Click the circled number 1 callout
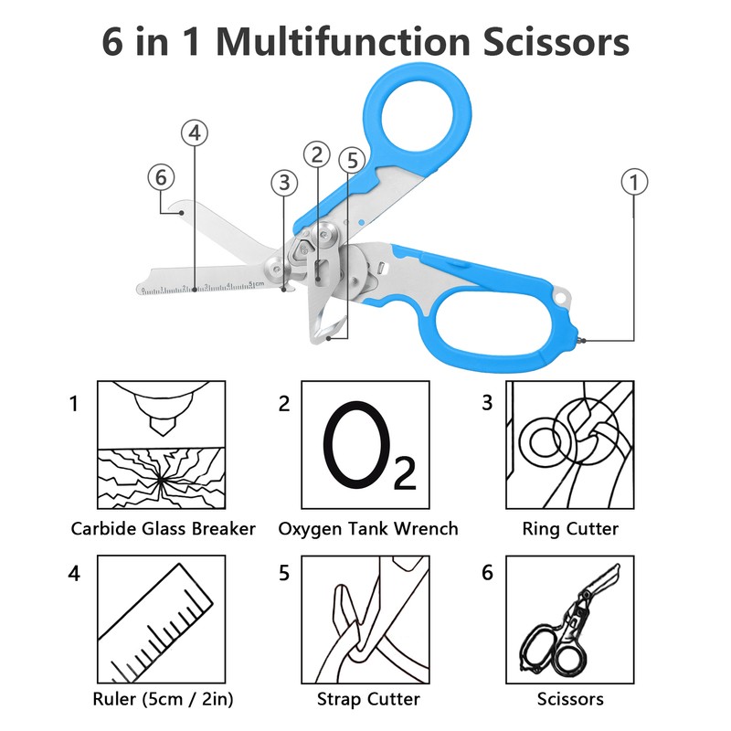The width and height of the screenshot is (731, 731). point(634,182)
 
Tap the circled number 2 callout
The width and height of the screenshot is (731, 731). point(317,154)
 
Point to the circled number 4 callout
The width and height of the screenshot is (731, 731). point(194,133)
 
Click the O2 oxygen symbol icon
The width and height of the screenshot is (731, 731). point(365,445)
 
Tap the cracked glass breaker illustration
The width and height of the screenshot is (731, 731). point(161,445)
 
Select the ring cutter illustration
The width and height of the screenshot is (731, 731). point(570,445)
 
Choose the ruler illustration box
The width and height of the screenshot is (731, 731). point(161,623)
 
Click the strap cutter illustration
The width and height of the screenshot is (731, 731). point(365,623)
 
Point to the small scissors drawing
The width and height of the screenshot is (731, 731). point(570,623)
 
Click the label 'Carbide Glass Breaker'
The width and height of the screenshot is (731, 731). point(163,528)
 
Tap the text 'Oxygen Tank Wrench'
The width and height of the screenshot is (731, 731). point(368,528)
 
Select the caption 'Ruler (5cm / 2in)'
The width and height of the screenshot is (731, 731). point(163,700)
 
